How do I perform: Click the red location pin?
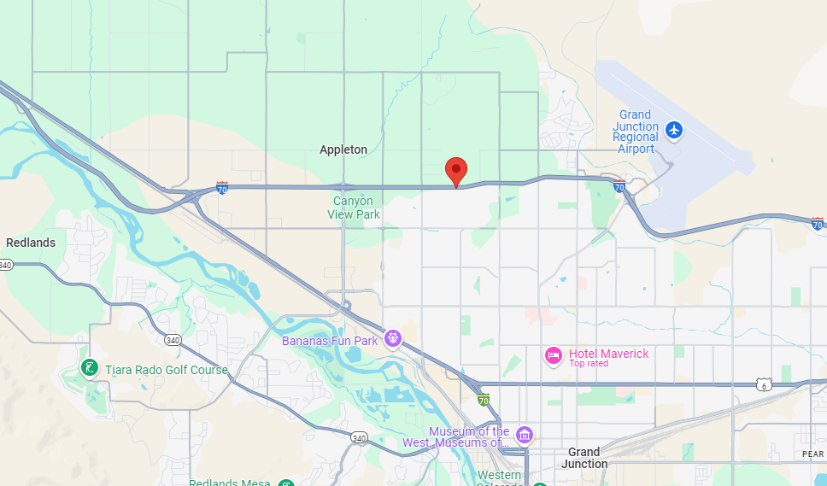(x=456, y=171)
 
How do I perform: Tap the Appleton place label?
(x=343, y=149)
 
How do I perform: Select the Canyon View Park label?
(x=354, y=208)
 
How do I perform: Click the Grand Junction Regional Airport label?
(x=636, y=132)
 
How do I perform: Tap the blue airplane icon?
(x=675, y=130)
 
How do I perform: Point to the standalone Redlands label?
(x=31, y=243)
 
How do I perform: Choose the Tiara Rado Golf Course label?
(x=167, y=370)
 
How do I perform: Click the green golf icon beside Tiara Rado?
(x=88, y=369)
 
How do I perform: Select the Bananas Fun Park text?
(x=330, y=341)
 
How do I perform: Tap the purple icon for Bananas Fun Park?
(x=392, y=339)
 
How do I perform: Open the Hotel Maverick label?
(x=609, y=354)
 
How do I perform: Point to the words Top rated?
(x=589, y=364)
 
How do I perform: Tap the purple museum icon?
(x=524, y=435)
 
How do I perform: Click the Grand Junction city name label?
(x=584, y=458)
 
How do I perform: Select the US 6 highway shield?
(x=764, y=385)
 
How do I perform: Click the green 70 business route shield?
(x=484, y=399)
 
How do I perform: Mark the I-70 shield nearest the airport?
(x=619, y=186)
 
